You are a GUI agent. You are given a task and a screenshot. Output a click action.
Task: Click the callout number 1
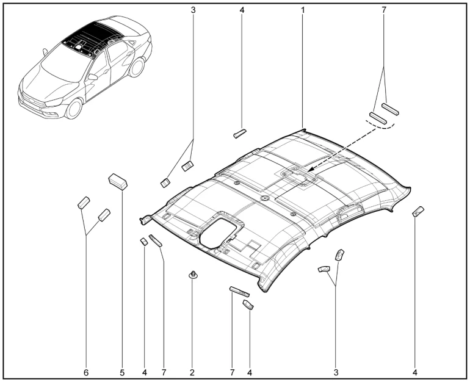[303, 10]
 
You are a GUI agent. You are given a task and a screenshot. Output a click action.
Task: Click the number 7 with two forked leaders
[385, 10]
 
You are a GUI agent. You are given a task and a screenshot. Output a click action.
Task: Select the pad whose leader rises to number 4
[240, 133]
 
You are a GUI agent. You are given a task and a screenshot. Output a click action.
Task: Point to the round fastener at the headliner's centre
[264, 199]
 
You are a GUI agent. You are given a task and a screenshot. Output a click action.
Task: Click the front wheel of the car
[73, 109]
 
